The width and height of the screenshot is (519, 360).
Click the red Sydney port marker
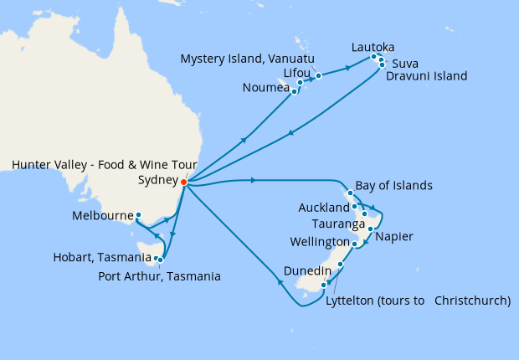[184, 179]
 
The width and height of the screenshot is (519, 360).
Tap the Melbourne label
[101, 215]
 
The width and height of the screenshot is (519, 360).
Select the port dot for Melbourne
[138, 215]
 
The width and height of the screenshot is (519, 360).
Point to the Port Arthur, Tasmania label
[159, 275]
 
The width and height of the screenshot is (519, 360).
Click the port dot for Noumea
[295, 91]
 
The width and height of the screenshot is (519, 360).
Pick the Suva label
[405, 63]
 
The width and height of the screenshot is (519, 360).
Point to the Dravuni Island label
[426, 76]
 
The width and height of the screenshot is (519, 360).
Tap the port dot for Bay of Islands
[350, 193]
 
